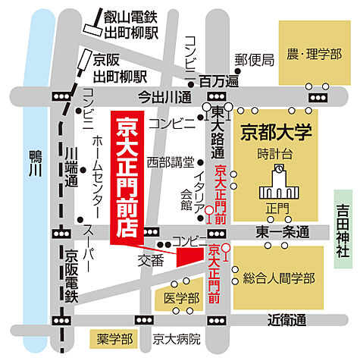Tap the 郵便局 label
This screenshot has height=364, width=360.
(x=253, y=61)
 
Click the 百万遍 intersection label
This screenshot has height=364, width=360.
(x=219, y=80)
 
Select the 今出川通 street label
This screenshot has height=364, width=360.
(x=164, y=96)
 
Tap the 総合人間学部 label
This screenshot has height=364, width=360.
(x=278, y=279)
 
